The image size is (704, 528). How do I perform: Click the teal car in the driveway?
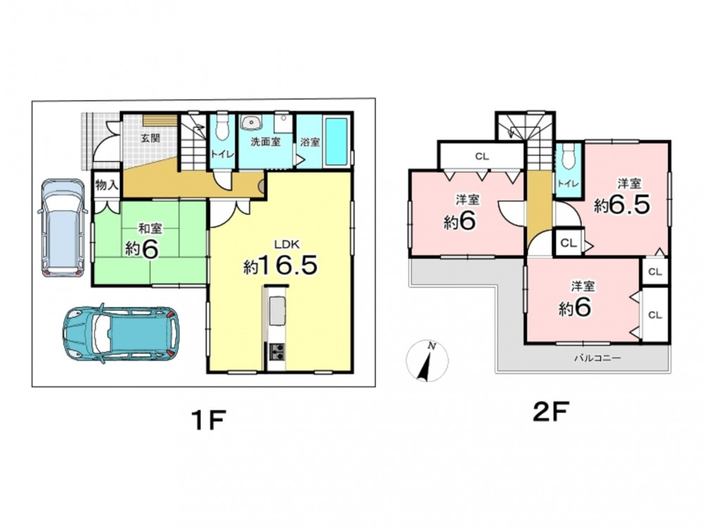(x=121, y=334)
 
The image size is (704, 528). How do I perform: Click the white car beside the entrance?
(x=63, y=227)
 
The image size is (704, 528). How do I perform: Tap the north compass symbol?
(x=427, y=360)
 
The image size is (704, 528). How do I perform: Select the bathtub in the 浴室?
(x=336, y=142)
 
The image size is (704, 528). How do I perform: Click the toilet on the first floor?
(x=221, y=128)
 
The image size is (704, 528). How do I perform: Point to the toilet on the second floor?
(x=568, y=157)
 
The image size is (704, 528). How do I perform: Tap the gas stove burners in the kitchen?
(x=276, y=351)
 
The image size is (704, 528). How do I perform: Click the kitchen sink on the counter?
(x=277, y=310)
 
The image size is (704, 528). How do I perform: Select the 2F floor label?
(x=551, y=411)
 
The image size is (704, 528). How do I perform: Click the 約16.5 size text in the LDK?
(x=281, y=265)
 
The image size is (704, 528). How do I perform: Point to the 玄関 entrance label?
(x=151, y=138)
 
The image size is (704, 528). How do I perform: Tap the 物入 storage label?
(x=106, y=184)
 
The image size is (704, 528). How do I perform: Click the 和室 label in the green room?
(x=150, y=229)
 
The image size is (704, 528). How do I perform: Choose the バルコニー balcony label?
(x=598, y=358)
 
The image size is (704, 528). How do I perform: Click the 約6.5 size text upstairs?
(x=622, y=205)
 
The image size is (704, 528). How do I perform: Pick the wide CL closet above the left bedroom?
(x=482, y=156)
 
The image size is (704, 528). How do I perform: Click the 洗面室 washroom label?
(x=265, y=142)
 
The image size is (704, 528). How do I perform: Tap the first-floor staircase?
(x=193, y=142)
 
